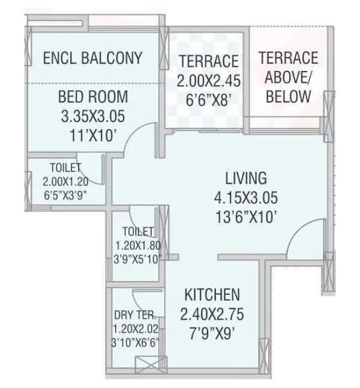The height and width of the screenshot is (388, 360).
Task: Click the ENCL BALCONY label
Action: click(x=93, y=58)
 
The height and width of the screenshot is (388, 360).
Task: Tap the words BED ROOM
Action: click(x=93, y=97)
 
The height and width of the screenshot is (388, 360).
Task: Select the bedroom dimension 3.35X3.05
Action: click(x=93, y=116)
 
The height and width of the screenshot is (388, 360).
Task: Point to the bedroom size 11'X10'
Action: click(x=93, y=135)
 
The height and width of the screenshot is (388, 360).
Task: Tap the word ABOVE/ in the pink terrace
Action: click(x=287, y=77)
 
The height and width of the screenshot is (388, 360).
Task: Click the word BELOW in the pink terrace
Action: click(x=288, y=97)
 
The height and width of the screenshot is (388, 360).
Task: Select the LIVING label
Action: click(x=245, y=178)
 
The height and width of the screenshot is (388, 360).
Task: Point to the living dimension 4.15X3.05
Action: click(x=245, y=198)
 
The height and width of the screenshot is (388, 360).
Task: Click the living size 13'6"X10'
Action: click(x=245, y=216)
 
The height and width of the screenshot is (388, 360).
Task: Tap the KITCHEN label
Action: click(x=212, y=295)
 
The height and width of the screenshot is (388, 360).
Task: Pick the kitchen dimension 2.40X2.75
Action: click(x=212, y=314)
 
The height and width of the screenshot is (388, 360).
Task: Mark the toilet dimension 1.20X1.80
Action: click(x=137, y=245)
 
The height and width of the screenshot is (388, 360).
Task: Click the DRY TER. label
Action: click(x=135, y=314)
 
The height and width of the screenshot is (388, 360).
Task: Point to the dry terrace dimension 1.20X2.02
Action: click(x=135, y=329)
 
